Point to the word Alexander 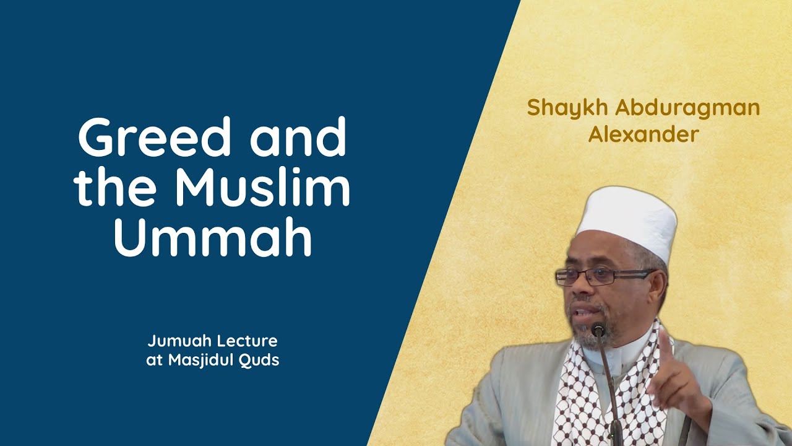coord(643,134)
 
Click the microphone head coord(598,330)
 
